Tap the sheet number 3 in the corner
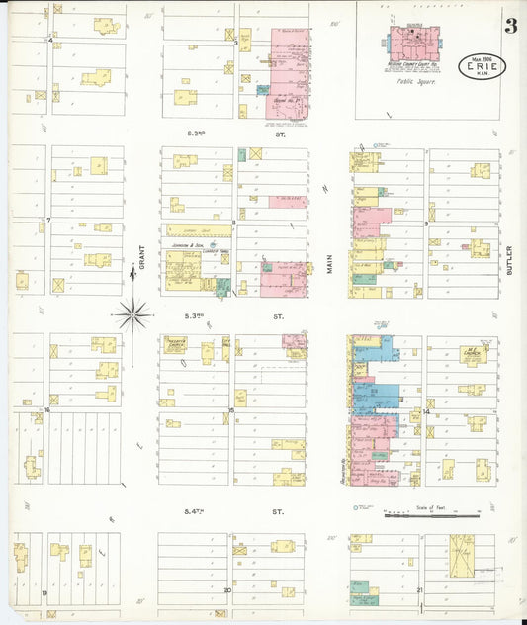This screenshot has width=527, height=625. tap(510, 27)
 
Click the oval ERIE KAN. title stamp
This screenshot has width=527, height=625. tap(482, 67)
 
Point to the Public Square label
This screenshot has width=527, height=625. tap(413, 86)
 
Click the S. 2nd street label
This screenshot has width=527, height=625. tap(200, 132)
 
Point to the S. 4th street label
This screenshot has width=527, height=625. tap(200, 512)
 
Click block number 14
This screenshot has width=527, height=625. tap(426, 410)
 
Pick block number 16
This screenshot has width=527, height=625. tap(46, 408)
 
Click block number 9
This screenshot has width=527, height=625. tap(426, 224)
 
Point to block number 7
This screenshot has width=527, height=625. tap(47, 219)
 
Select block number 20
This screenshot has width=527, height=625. tap(227, 590)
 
